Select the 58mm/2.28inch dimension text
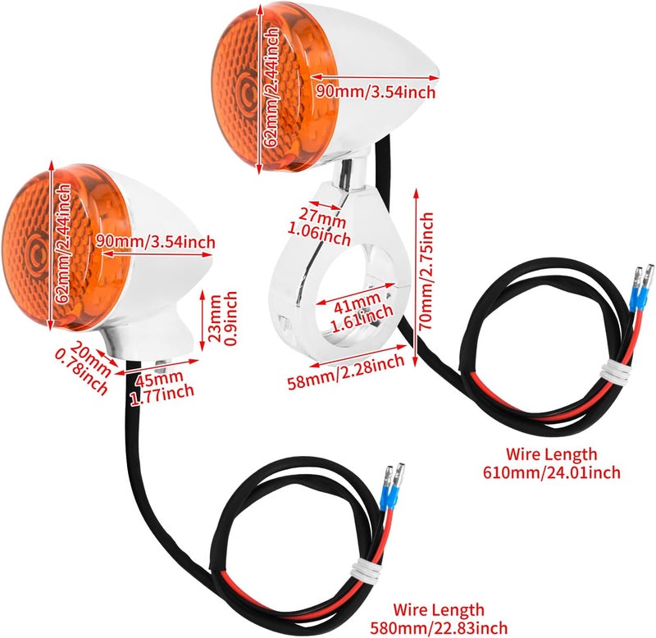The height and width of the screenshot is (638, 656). click(x=346, y=371)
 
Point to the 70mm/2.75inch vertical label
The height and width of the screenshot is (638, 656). click(x=426, y=271)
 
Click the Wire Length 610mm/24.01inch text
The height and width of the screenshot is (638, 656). click(x=552, y=463)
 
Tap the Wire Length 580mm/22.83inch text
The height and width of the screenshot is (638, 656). click(x=439, y=618)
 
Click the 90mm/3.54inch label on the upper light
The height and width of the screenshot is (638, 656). click(x=376, y=91)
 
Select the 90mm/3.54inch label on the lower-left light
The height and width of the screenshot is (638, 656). click(x=155, y=242)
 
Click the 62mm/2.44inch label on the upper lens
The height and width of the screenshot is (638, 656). click(x=271, y=87)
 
